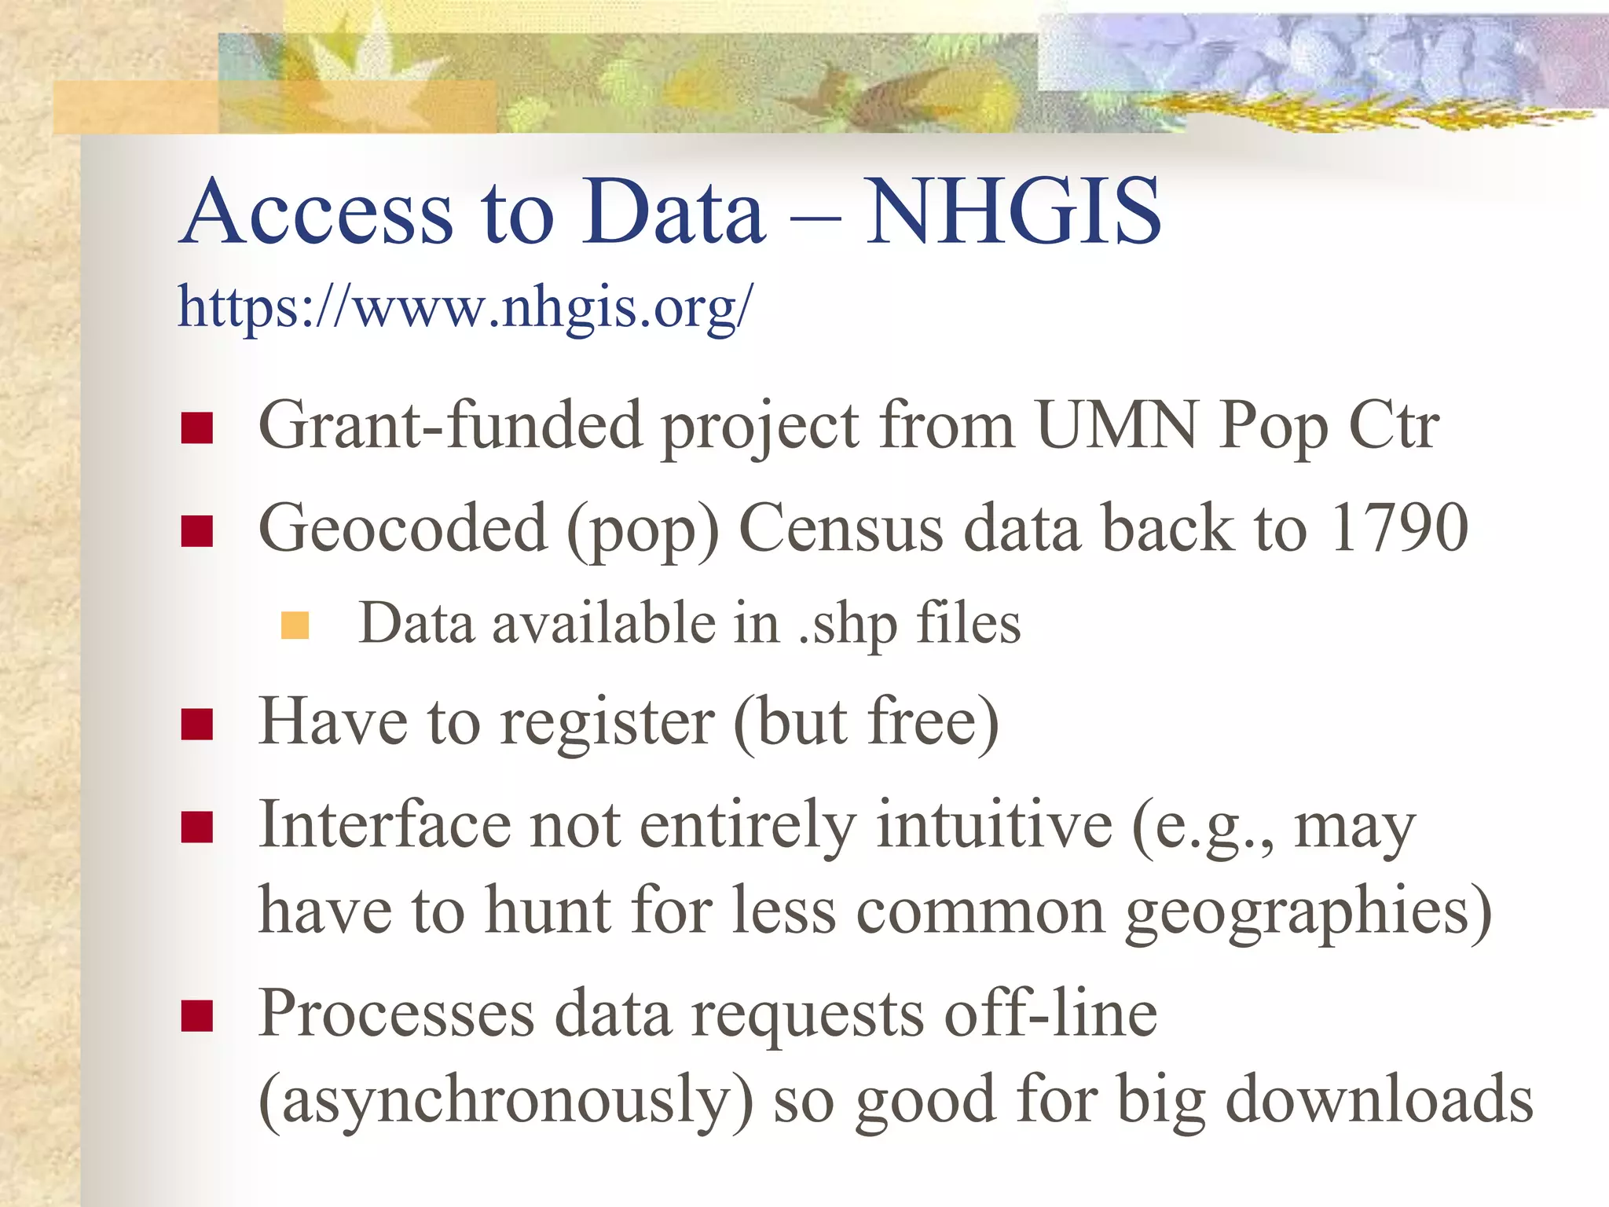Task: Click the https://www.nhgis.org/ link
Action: click(x=465, y=306)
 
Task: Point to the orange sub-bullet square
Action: click(x=295, y=626)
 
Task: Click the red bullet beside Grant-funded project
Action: click(x=196, y=428)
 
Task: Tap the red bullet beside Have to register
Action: click(x=196, y=725)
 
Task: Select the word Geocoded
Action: click(x=402, y=528)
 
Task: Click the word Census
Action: click(x=841, y=528)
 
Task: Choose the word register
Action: click(x=607, y=721)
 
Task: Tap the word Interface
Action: click(x=384, y=824)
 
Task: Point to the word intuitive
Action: click(x=994, y=824)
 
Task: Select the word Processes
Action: click(x=396, y=1014)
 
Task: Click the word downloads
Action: click(x=1379, y=1099)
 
